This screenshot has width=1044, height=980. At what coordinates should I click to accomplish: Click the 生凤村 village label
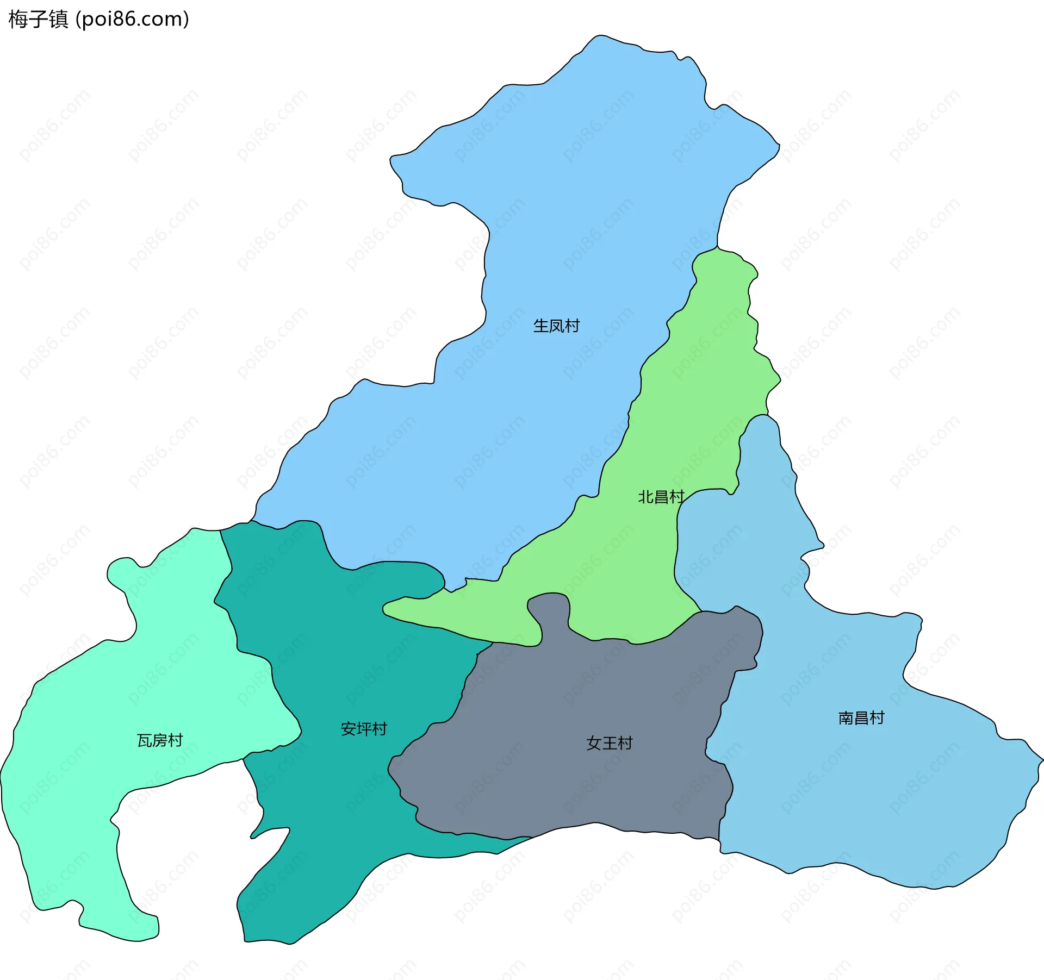(556, 326)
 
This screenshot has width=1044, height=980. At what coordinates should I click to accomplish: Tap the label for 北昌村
(661, 497)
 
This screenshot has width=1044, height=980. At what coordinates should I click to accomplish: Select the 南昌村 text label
(861, 718)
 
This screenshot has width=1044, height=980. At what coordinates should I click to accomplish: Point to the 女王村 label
(610, 743)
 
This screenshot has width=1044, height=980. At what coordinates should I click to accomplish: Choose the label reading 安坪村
(364, 729)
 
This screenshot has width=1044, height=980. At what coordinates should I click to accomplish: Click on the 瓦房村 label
(160, 740)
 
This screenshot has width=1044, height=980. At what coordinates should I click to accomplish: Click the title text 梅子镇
(38, 19)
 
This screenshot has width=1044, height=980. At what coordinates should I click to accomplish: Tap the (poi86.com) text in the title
(132, 19)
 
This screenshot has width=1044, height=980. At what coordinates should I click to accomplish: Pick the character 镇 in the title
(59, 19)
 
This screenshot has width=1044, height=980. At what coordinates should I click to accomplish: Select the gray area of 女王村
(571, 788)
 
